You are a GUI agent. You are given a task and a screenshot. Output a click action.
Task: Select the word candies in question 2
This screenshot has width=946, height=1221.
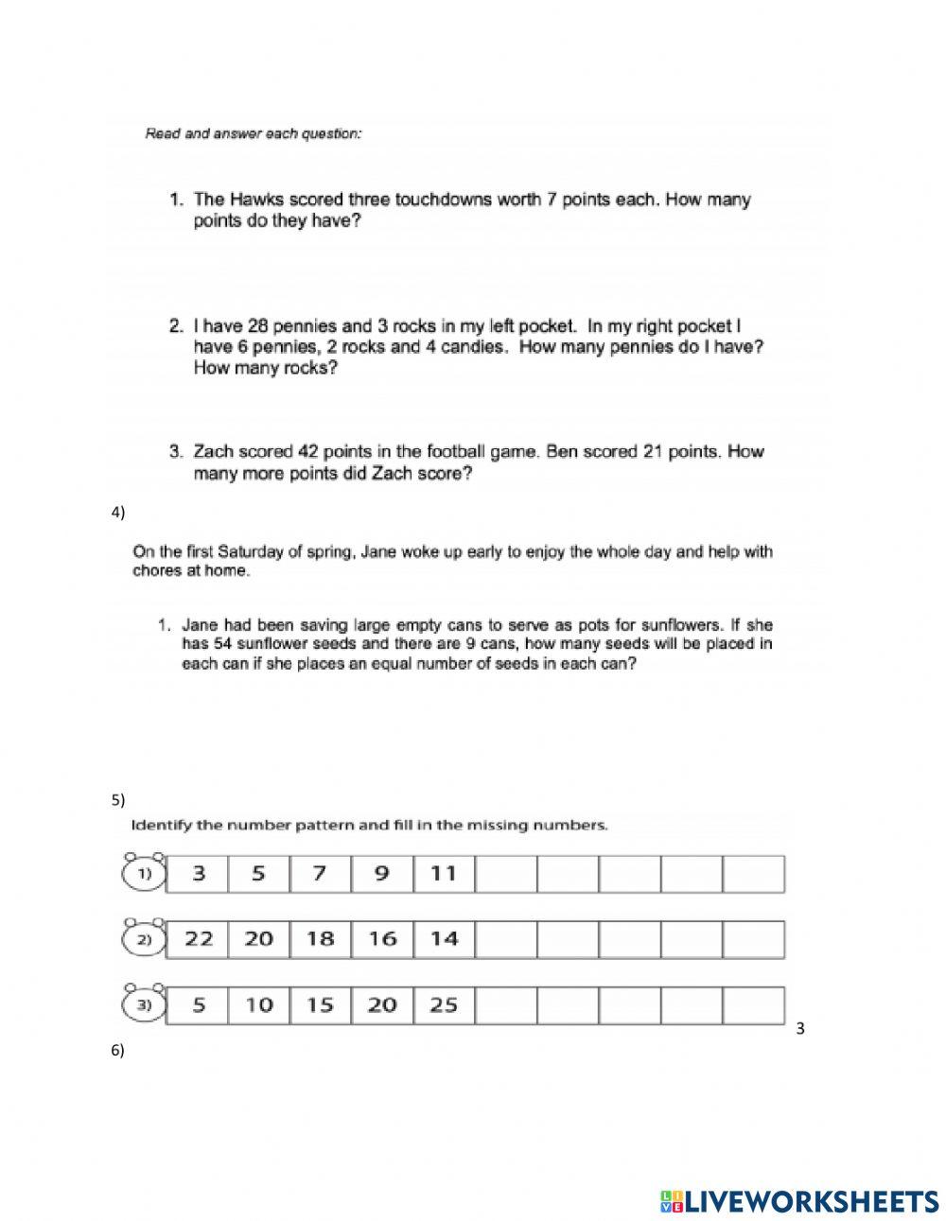pyautogui.click(x=472, y=347)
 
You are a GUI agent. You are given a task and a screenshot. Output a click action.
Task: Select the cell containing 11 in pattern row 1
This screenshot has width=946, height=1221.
pyautogui.click(x=444, y=874)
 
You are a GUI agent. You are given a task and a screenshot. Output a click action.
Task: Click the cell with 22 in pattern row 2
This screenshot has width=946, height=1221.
pyautogui.click(x=197, y=939)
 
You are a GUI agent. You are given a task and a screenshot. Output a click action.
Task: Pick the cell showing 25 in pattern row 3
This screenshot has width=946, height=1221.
pyautogui.click(x=444, y=1005)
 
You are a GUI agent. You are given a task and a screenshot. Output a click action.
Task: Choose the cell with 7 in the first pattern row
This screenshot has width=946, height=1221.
pyautogui.click(x=320, y=874)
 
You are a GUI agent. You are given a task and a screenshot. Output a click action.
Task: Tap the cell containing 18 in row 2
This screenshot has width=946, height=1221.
pyautogui.click(x=320, y=939)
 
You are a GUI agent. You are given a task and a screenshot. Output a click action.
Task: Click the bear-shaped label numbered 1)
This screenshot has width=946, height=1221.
pyautogui.click(x=144, y=873)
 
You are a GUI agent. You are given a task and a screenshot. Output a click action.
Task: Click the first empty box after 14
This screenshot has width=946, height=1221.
pyautogui.click(x=506, y=939)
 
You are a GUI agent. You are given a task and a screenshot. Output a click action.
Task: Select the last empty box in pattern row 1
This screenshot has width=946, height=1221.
pyautogui.click(x=754, y=874)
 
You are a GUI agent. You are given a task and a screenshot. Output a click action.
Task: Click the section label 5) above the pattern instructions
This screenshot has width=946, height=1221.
pyautogui.click(x=118, y=800)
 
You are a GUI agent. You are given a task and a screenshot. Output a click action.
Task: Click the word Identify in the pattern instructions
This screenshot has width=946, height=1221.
pyautogui.click(x=162, y=825)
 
